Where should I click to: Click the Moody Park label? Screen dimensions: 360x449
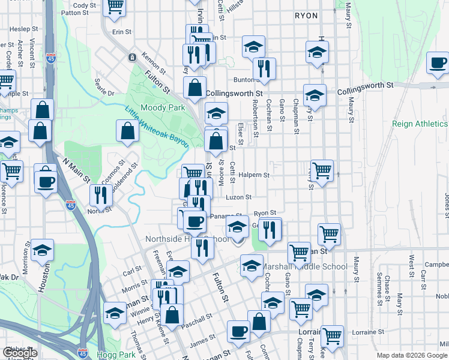coord(162,108)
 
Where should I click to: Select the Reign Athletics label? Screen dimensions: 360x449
coord(419,124)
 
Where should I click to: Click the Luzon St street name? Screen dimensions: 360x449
coord(238,197)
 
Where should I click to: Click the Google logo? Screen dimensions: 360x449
coord(20,353)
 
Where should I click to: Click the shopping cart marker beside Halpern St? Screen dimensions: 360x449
coord(322,171)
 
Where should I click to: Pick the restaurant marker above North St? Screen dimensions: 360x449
coord(100,196)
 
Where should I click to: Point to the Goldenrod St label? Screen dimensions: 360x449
coord(127,172)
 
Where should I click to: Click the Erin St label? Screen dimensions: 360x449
coord(122,31)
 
